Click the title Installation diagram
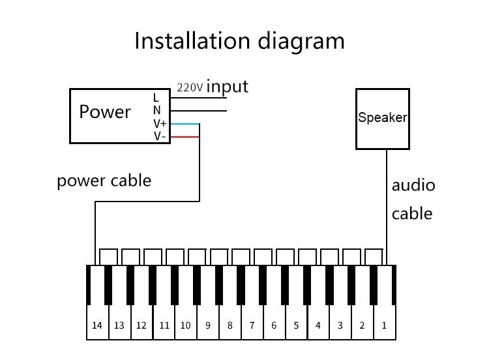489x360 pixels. pos(239,40)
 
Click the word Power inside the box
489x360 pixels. pos(105,112)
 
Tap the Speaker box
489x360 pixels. pos(382,118)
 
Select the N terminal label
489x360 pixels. pos(156,110)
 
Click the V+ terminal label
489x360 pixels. pos(160,123)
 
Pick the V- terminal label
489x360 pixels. pos(159,136)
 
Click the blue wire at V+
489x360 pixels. pos(185,124)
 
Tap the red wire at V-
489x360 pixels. pos(185,136)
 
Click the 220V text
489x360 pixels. pos(190,87)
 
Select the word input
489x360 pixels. pos(227,86)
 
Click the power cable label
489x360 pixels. pos(104,180)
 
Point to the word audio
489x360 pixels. pos(413,185)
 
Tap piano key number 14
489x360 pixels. pos(97,325)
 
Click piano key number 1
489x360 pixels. pos(384,325)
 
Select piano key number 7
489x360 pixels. pos(252,325)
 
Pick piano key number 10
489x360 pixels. pos(186,325)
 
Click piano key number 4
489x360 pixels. pos(318,325)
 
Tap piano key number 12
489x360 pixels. pos(141,325)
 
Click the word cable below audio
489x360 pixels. pos(411,213)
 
